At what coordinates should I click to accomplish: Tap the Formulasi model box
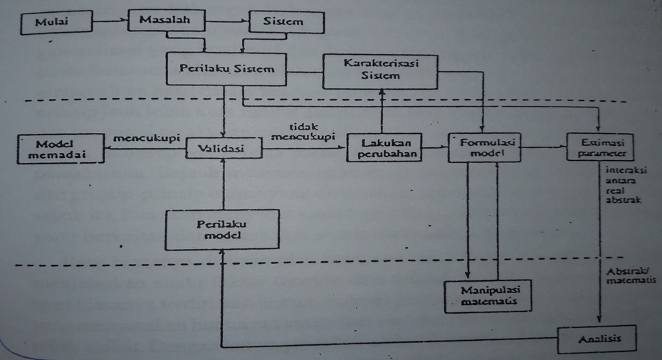(483, 147)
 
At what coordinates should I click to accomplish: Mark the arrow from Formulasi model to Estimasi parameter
(545, 147)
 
